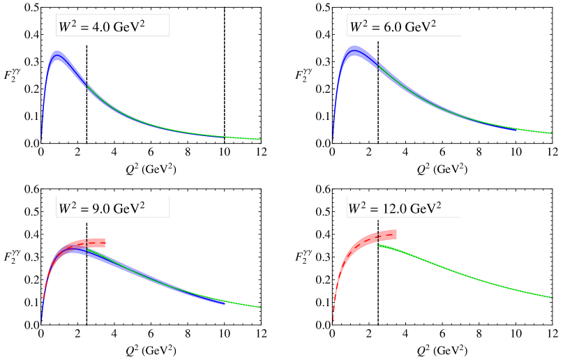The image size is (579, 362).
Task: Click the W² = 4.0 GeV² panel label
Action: click(x=112, y=27)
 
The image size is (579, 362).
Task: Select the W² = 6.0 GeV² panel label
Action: click(x=404, y=27)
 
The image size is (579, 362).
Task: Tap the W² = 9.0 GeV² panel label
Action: click(x=112, y=208)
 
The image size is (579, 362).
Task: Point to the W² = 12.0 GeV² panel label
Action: click(x=404, y=208)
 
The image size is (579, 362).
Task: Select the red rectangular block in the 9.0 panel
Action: click(x=96, y=243)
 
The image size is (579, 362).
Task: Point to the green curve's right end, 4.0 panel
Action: click(x=260, y=139)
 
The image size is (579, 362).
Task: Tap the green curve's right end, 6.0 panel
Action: click(x=552, y=133)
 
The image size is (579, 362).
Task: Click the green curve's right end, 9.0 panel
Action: click(x=260, y=307)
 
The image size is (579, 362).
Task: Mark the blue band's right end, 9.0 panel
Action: click(x=225, y=303)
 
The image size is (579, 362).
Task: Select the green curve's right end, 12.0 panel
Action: click(x=552, y=297)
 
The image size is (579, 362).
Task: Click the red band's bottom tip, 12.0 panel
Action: click(x=333, y=322)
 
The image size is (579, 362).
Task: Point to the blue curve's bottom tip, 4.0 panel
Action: click(x=42, y=139)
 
